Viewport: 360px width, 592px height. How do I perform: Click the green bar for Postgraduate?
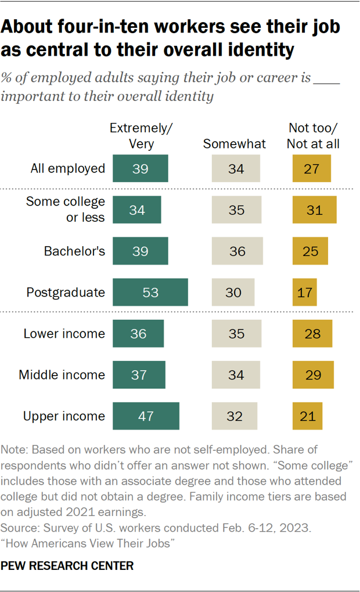pos(150,292)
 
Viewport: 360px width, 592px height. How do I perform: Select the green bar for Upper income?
pos(146,416)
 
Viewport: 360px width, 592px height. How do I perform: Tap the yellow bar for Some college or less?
pos(314,210)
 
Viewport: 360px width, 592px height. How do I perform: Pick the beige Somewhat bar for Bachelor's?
pos(236,251)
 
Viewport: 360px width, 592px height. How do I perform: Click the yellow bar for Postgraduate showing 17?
pos(305,292)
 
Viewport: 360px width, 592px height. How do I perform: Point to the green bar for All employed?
pos(141,169)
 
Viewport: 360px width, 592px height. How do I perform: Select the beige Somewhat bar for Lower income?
pos(236,334)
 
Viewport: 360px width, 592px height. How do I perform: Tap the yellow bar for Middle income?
pos(313,375)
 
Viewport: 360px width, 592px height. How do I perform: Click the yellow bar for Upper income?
pos(307,416)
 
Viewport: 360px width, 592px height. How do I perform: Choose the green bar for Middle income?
pos(139,375)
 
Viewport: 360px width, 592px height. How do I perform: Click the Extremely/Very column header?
pos(141,136)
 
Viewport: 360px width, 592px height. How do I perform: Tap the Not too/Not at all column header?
pos(314,136)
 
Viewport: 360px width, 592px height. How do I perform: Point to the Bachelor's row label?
pos(75,251)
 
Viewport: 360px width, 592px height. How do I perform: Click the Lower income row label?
pos(64,334)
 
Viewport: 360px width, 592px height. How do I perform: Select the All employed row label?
pos(67,169)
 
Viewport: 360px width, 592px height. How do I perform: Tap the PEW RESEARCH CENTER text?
pos(68,565)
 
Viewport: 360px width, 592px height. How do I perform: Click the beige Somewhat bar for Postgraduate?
pos(233,292)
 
